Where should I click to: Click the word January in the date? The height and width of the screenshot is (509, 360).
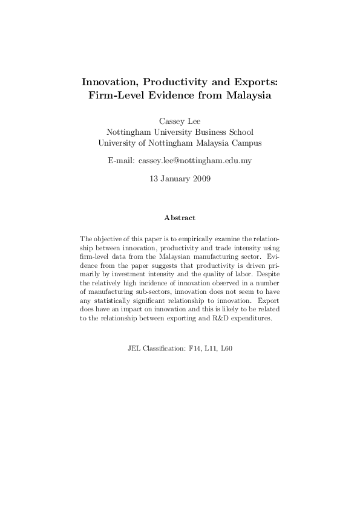[174, 178]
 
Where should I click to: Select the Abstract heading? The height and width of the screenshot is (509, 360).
[180, 217]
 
